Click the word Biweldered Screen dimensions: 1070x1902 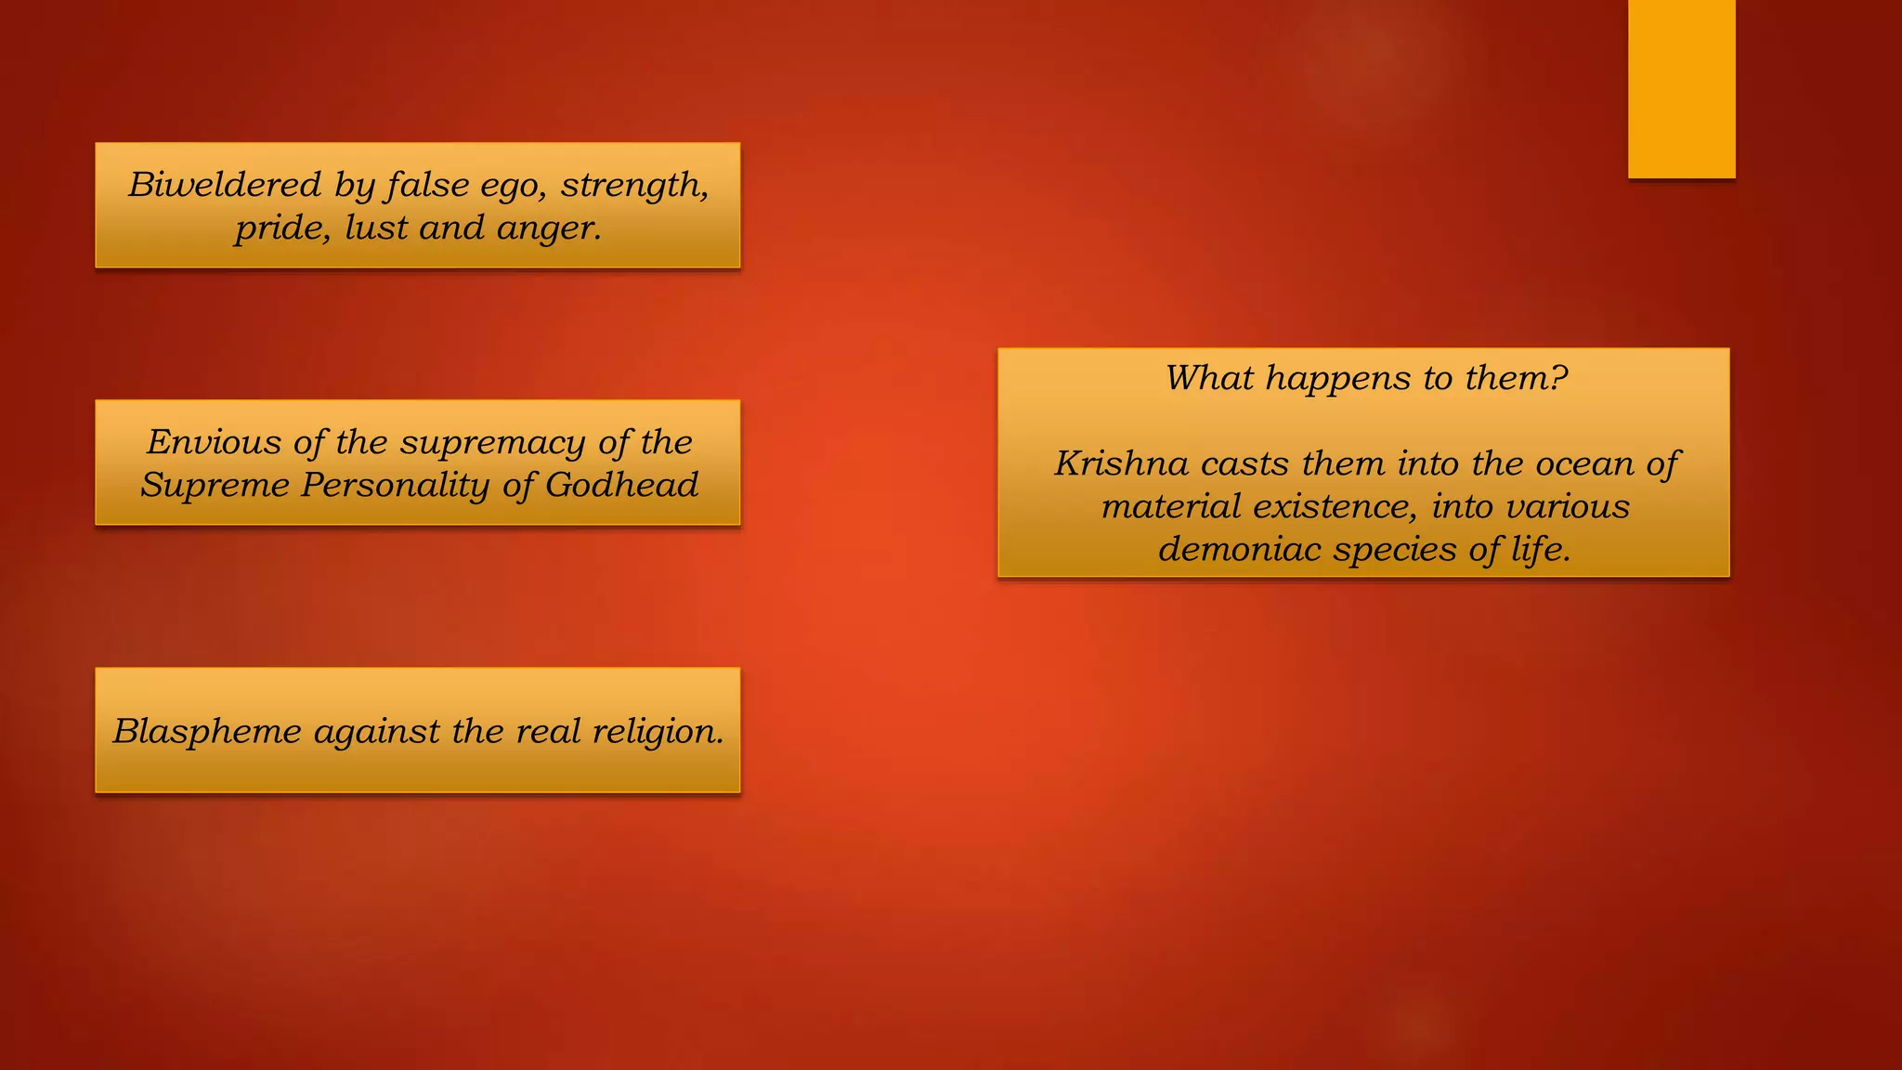coord(225,185)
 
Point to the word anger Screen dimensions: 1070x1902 coord(549,228)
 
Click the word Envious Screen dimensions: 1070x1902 coord(214,442)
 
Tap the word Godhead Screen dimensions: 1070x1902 coord(621,485)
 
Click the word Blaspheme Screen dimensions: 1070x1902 coord(207,731)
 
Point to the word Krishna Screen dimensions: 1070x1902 coord(1121,463)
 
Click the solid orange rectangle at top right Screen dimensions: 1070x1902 coord(1681,88)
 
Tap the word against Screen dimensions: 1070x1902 coord(376,731)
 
